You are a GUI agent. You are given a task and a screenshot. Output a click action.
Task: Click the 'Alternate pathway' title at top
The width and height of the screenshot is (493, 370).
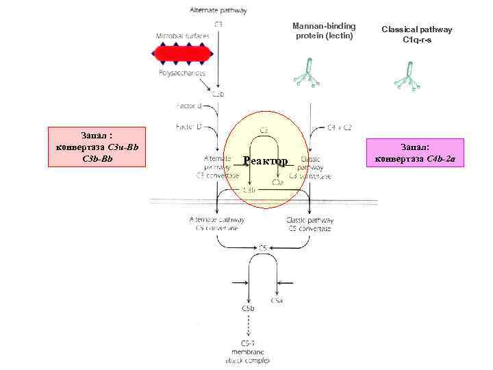click(218, 10)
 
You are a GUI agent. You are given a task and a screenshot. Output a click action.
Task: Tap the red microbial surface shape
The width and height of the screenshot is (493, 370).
click(183, 53)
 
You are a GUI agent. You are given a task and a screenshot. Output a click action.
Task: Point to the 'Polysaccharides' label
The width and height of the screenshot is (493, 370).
click(183, 72)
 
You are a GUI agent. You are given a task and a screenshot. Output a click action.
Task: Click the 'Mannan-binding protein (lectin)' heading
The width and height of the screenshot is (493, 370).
click(325, 31)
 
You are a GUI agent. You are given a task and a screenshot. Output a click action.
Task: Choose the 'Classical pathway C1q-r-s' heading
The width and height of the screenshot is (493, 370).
click(417, 34)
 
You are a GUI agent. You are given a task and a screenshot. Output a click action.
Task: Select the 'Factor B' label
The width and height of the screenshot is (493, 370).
click(189, 106)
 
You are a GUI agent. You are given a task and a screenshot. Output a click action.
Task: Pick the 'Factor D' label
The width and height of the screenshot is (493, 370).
click(189, 127)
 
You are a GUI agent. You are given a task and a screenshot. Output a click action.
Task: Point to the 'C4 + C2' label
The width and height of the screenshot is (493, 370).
click(340, 127)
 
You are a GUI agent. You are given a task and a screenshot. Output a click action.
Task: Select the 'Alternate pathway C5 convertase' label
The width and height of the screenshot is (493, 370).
click(216, 224)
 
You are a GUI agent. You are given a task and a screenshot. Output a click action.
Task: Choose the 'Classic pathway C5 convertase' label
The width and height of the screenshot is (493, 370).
click(309, 224)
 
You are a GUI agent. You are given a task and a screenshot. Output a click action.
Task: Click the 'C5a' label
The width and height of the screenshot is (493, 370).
click(277, 301)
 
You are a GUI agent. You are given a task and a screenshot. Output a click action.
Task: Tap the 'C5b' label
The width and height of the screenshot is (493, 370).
click(249, 310)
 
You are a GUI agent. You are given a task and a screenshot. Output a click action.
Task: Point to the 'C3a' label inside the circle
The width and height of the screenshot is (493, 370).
click(277, 182)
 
